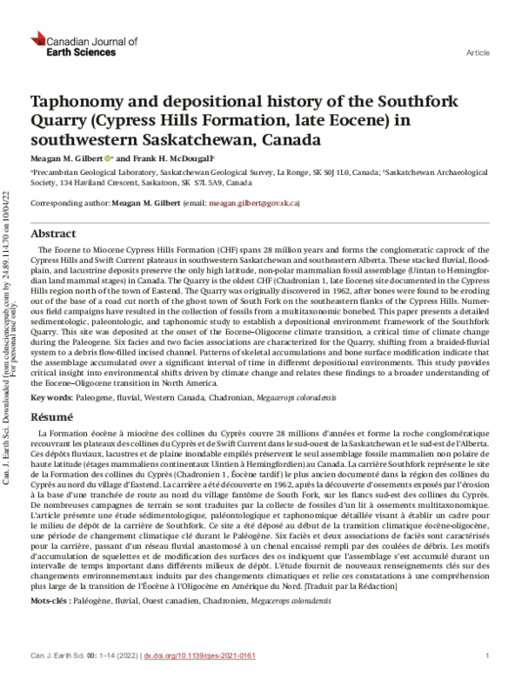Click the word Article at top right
pos(477,53)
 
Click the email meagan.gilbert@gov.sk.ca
pos(258,203)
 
